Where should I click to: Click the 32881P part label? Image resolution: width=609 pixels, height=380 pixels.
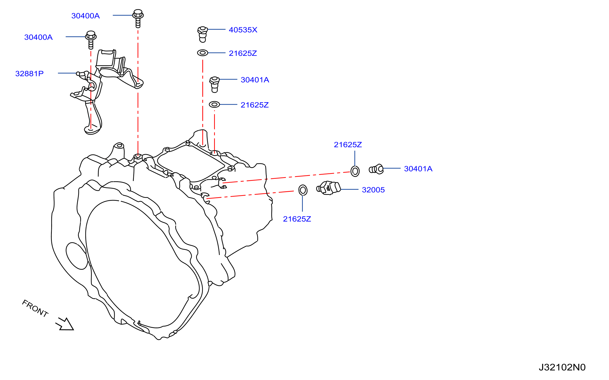pos(29,74)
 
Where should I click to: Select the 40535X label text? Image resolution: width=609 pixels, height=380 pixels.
pos(243,30)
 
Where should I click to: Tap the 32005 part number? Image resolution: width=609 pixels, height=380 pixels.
pos(373,190)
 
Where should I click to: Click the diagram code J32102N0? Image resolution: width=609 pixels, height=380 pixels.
pos(562,367)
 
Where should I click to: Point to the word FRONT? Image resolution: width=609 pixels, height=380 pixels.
pos(35,308)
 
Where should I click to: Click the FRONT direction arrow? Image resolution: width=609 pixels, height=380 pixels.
pos(65,324)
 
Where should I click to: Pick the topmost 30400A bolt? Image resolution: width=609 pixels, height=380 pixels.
pos(138,18)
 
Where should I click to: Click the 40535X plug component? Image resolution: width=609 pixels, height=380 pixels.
pos(203,34)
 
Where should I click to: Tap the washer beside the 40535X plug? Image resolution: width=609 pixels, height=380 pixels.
pos(203,53)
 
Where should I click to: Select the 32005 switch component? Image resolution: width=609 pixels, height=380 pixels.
pos(329,188)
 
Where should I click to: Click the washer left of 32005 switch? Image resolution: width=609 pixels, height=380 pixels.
pos(303,190)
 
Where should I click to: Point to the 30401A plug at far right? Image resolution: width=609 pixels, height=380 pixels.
pos(376,169)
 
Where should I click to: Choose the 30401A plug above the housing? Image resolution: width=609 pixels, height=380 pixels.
pos(215,85)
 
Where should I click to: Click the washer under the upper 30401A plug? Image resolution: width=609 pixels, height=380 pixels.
pos(214,104)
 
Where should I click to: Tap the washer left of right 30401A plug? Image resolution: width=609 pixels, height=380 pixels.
pos(355,171)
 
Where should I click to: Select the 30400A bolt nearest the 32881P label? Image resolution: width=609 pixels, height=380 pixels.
pos(91,40)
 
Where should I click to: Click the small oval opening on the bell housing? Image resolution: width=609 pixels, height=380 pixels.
pos(77,256)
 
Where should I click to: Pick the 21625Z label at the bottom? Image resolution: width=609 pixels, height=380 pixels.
pos(297,219)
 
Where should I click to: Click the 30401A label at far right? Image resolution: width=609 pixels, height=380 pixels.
pos(418,169)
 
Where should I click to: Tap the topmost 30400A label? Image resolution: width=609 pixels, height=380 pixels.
pos(85,16)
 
